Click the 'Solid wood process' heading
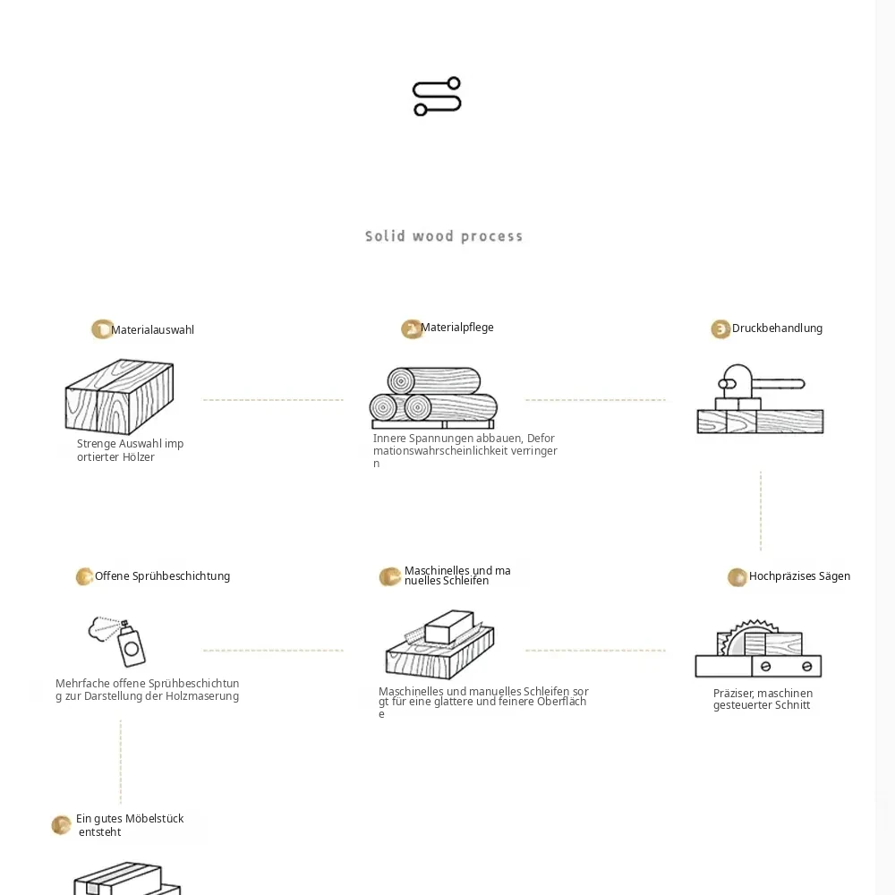[444, 236]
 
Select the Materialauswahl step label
[152, 330]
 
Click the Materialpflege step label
[456, 328]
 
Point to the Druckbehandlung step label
[777, 328]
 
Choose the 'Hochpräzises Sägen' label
[799, 576]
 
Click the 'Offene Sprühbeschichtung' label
[162, 576]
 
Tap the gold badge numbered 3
[720, 329]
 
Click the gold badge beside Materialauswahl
[102, 329]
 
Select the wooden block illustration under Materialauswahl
[119, 396]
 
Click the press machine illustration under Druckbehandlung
[760, 399]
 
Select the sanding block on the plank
[450, 626]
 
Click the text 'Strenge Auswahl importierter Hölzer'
[130, 450]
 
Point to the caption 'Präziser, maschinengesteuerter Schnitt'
[763, 699]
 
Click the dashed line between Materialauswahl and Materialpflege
[273, 400]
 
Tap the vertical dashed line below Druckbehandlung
[761, 511]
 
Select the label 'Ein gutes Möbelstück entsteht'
[130, 825]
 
